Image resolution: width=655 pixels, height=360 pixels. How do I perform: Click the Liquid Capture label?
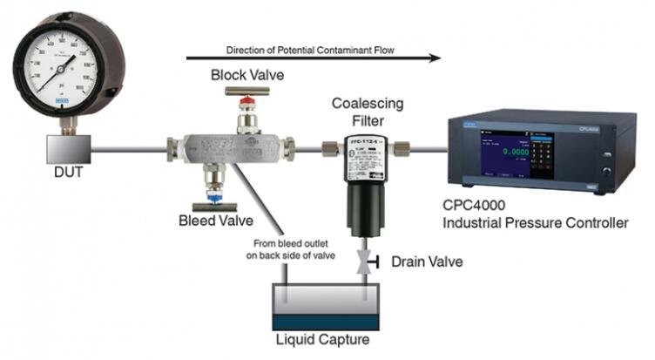click(x=329, y=339)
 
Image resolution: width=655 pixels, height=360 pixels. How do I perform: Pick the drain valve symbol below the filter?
click(x=361, y=262)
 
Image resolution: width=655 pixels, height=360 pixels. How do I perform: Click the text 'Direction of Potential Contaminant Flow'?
click(x=311, y=50)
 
